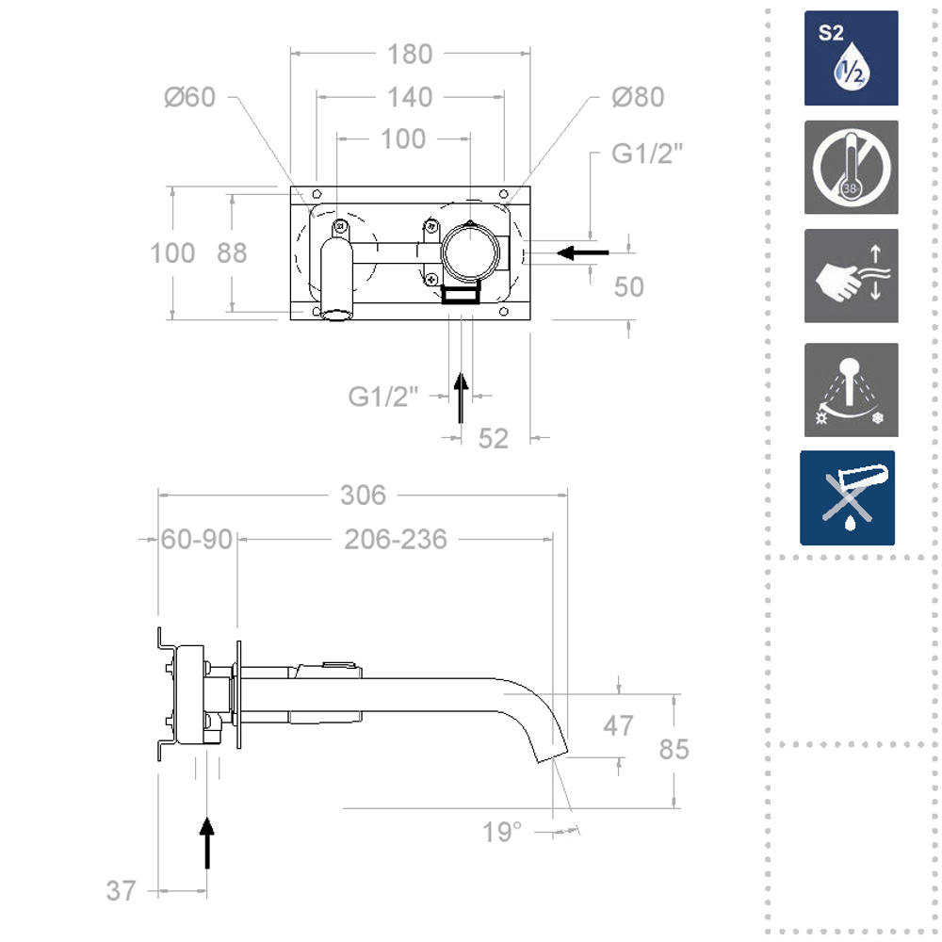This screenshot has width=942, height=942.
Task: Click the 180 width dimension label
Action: point(410,55)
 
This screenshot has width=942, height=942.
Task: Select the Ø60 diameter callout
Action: point(189,97)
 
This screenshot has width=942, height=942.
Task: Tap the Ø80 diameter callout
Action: point(638,97)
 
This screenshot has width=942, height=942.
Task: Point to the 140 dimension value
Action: point(410,97)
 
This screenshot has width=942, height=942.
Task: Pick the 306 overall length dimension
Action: point(363,495)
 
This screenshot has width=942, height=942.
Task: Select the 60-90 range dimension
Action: point(196,540)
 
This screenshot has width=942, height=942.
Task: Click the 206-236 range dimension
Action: point(396,540)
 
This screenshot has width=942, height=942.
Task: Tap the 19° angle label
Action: point(502,833)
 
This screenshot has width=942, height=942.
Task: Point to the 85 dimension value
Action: point(674,749)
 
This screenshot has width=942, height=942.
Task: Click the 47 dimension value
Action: point(618,726)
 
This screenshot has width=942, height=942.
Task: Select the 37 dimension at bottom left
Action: point(121,890)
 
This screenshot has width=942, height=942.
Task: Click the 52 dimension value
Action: point(494,438)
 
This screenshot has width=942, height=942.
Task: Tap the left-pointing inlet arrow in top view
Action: point(583,252)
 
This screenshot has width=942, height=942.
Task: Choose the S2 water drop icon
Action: point(851,58)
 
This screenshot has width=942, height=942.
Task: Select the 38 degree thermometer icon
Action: point(851,168)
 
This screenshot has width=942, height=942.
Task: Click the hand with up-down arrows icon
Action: point(851,276)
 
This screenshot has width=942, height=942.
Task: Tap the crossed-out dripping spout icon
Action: point(847,498)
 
